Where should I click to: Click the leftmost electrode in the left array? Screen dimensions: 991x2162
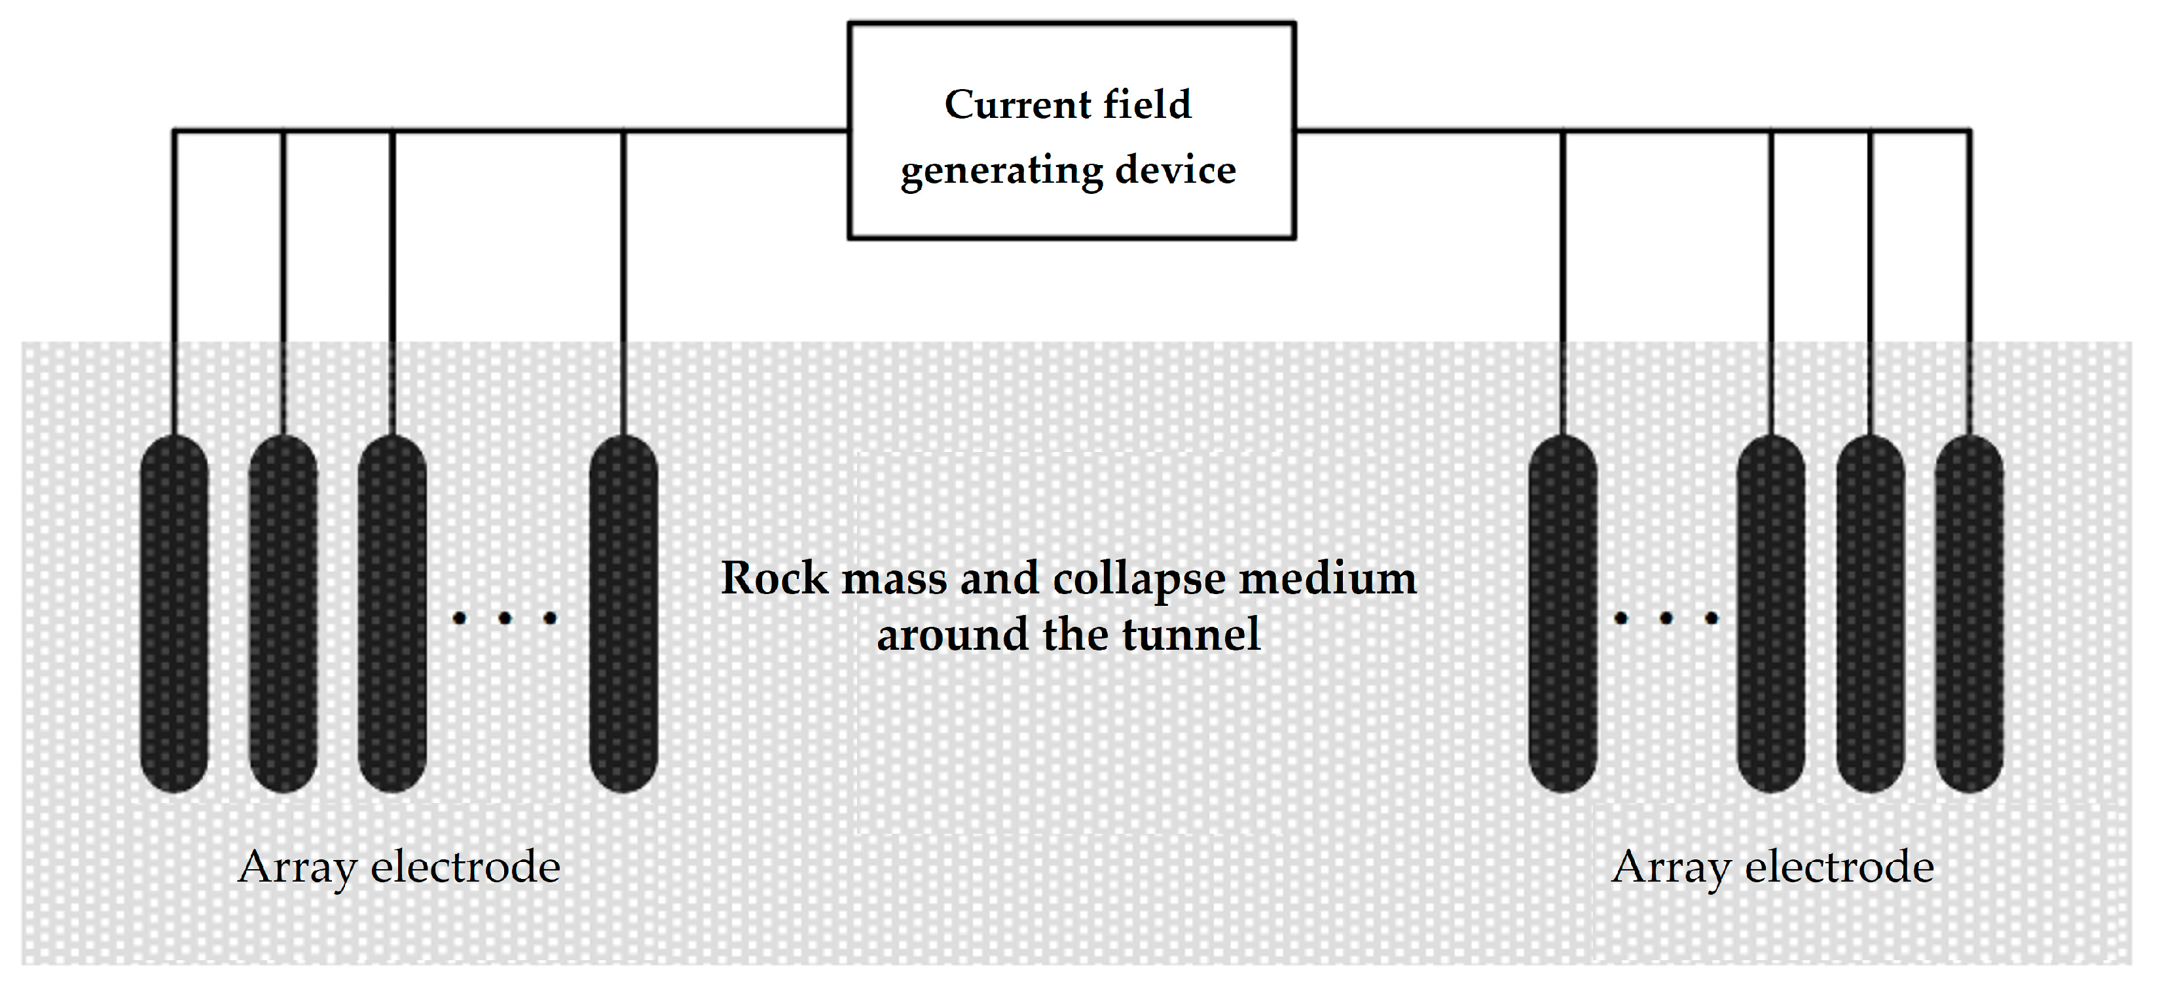[174, 613]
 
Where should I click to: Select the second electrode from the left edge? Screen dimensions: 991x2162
[284, 613]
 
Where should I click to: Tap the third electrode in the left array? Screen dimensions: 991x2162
[392, 613]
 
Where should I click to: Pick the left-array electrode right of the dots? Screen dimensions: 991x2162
[623, 613]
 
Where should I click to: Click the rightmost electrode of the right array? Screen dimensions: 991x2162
[1969, 613]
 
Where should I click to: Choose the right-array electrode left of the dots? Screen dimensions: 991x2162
[1563, 613]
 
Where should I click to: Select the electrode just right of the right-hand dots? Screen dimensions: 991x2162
[1771, 613]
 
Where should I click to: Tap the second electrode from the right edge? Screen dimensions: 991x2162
[1870, 613]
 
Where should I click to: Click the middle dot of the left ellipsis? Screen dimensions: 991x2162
[504, 619]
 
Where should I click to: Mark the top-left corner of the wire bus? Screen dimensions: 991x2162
[174, 131]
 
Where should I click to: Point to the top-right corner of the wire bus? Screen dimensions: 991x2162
[1969, 131]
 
